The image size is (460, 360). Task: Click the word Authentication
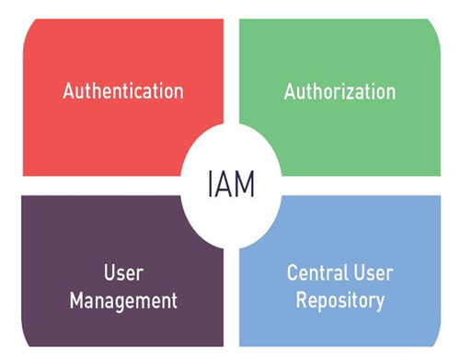click(122, 91)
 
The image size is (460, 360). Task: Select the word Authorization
click(339, 91)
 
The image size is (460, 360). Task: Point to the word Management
click(122, 300)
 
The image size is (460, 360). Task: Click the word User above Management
click(122, 273)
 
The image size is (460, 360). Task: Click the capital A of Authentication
click(68, 91)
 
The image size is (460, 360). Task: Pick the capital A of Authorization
click(290, 91)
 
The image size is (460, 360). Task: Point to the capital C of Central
click(293, 273)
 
